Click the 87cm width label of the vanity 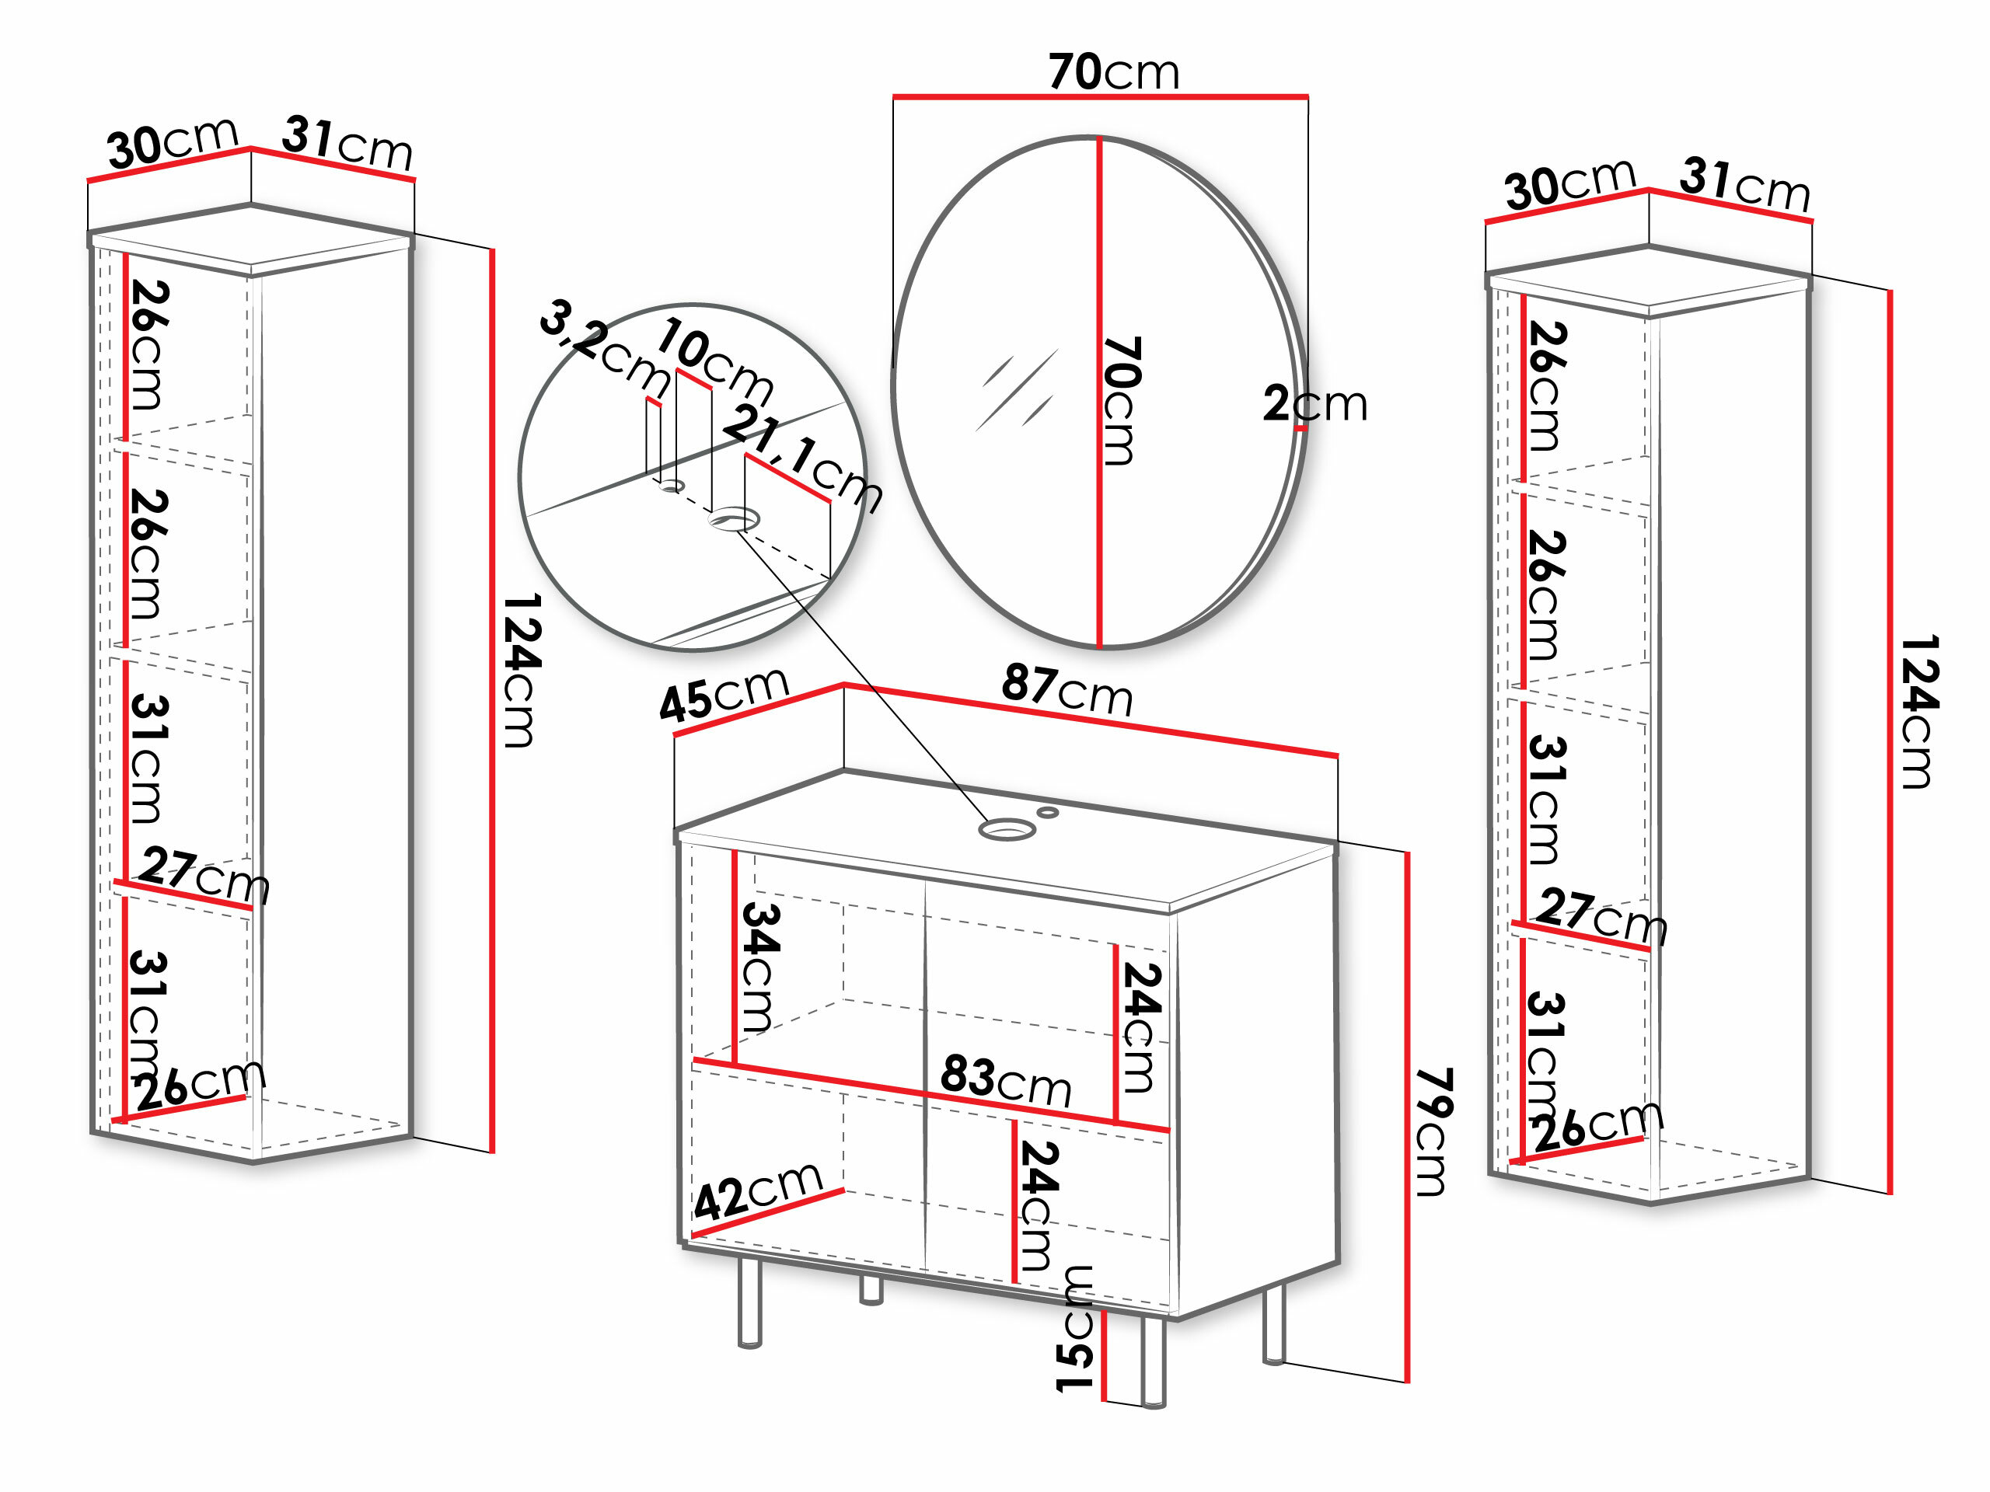(x=1067, y=690)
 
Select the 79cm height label (x=1433, y=1131)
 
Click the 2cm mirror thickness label (x=1314, y=404)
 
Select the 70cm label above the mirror (x=1113, y=72)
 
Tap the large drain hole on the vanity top (x=1006, y=828)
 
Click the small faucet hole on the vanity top (x=1048, y=812)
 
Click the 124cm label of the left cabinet (x=521, y=670)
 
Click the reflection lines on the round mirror (x=1017, y=391)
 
